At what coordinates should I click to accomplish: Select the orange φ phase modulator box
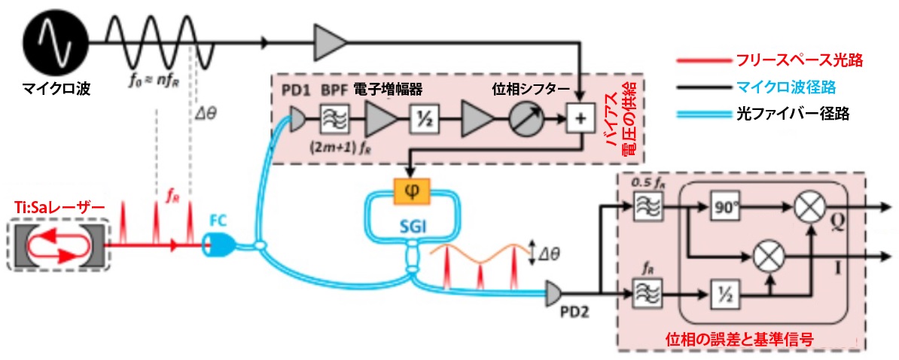[411, 189]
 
